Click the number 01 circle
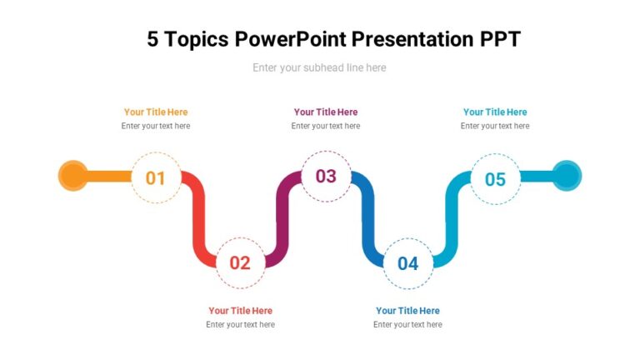tap(156, 177)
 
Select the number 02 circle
tap(240, 262)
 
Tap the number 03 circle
tap(325, 176)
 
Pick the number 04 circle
tap(407, 263)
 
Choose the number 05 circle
tap(495, 178)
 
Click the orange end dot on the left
tap(73, 176)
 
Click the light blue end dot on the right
tap(567, 176)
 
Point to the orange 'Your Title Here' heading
tap(156, 112)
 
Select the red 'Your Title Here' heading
tap(240, 311)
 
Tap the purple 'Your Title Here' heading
tap(325, 112)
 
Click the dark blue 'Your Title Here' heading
tap(407, 311)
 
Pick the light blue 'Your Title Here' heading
tap(495, 112)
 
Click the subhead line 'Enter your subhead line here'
tap(319, 67)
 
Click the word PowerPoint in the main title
tap(290, 39)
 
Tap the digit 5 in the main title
tap(152, 39)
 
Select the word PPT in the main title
tap(500, 39)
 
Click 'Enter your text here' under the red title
tap(240, 325)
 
